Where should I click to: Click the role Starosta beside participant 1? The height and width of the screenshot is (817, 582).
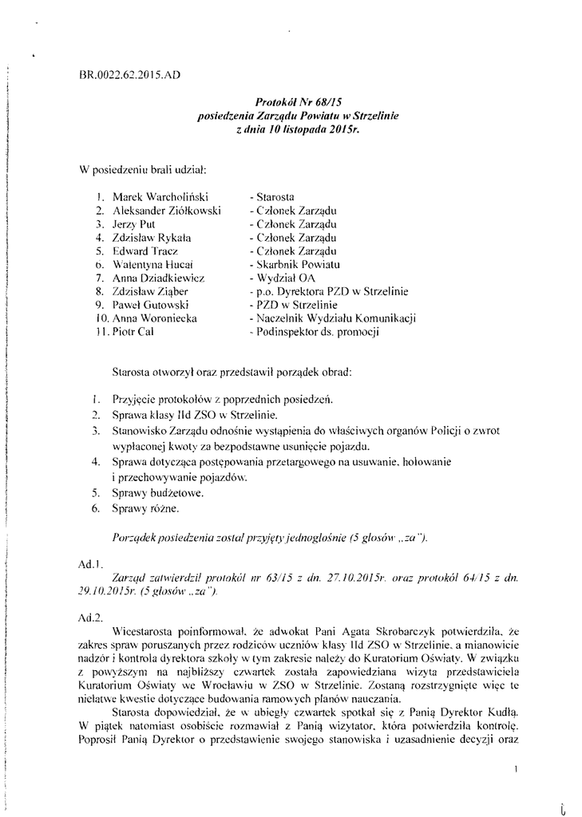(272, 195)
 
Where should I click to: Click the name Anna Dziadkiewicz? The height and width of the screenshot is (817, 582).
(158, 278)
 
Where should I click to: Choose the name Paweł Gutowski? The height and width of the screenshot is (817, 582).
(151, 305)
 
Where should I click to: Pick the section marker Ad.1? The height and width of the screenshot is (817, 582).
(88, 563)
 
